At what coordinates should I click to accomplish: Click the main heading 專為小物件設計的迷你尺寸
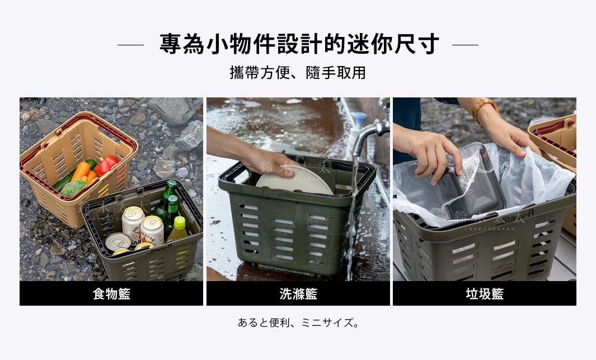click(299, 45)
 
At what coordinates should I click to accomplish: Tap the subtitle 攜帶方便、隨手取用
click(298, 73)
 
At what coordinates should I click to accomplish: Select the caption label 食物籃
click(111, 294)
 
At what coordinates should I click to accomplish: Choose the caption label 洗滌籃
click(298, 294)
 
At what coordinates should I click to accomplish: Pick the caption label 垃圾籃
click(485, 294)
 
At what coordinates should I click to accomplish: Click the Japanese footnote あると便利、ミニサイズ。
click(298, 323)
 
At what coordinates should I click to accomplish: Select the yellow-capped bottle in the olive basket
click(179, 228)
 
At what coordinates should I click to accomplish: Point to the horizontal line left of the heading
click(131, 45)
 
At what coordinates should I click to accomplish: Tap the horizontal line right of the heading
click(465, 45)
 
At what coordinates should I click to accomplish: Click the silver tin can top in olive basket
click(118, 241)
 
